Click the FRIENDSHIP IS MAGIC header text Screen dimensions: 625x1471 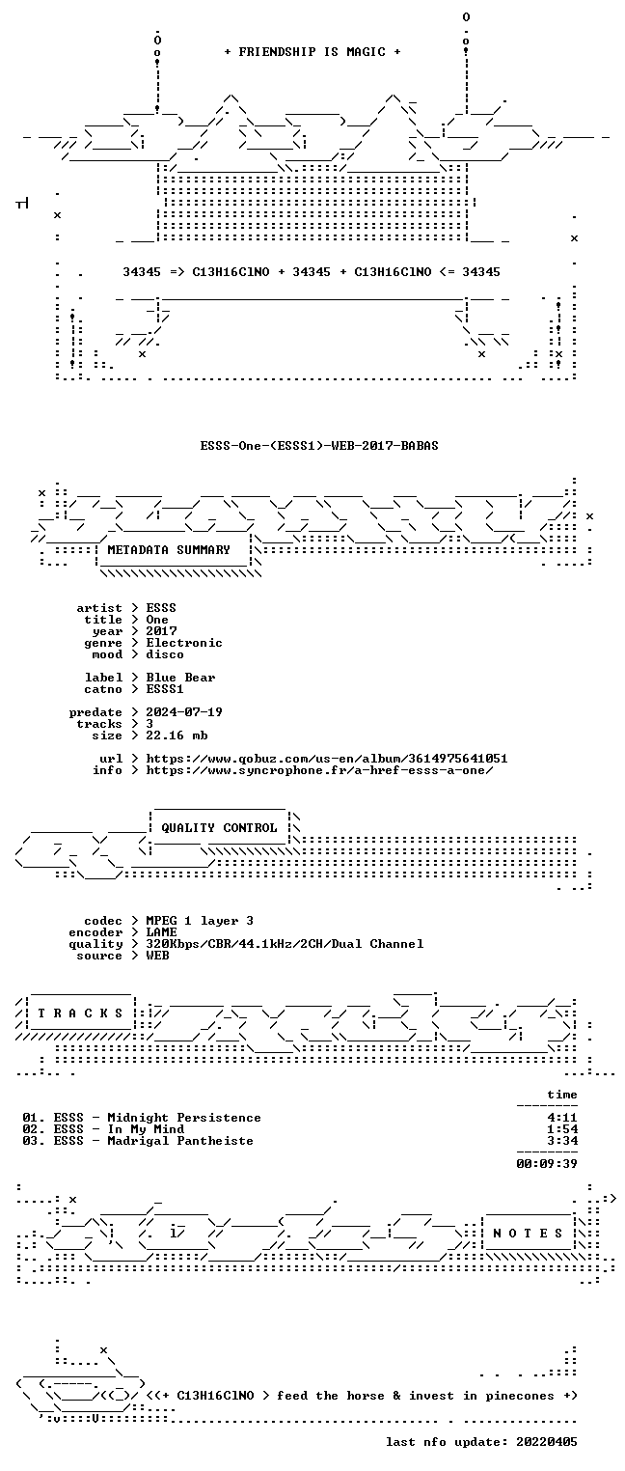(x=312, y=52)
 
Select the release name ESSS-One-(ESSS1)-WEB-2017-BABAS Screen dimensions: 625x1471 (x=319, y=446)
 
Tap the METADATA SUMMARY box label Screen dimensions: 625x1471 (x=169, y=549)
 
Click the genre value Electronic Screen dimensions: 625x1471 (x=184, y=643)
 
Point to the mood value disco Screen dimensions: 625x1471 (x=165, y=654)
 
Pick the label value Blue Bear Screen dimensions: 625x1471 (x=180, y=678)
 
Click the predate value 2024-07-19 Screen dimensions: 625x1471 (x=184, y=712)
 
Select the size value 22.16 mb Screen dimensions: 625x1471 (x=177, y=735)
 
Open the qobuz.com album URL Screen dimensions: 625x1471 (x=326, y=759)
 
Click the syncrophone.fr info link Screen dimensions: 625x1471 (x=319, y=770)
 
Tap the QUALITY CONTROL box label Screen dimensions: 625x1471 (x=219, y=828)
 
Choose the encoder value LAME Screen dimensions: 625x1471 (x=161, y=932)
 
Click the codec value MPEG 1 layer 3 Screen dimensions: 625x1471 (x=200, y=922)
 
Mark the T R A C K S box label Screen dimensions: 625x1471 (x=80, y=1013)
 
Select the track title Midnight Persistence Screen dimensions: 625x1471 (x=184, y=1118)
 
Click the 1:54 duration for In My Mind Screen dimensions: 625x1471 (x=562, y=1129)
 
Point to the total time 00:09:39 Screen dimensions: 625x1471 (x=547, y=1164)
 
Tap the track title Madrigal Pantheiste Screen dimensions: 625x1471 (x=180, y=1141)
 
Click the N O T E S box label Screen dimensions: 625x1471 (x=528, y=1234)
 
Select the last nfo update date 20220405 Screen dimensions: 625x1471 (x=547, y=1442)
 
